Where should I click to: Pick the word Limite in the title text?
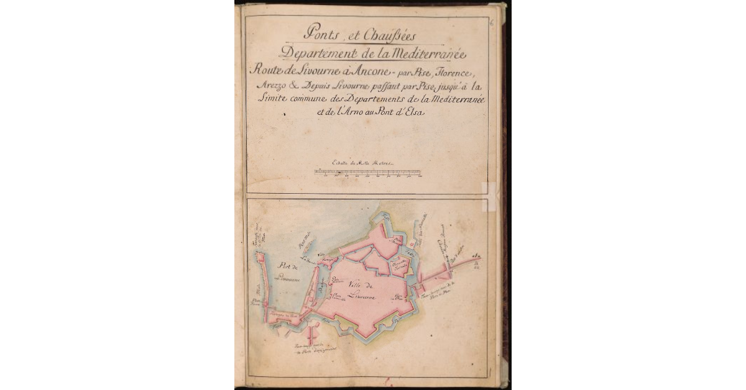click(271, 99)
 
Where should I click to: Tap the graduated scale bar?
click(369, 172)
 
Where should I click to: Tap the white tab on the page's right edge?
click(490, 195)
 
